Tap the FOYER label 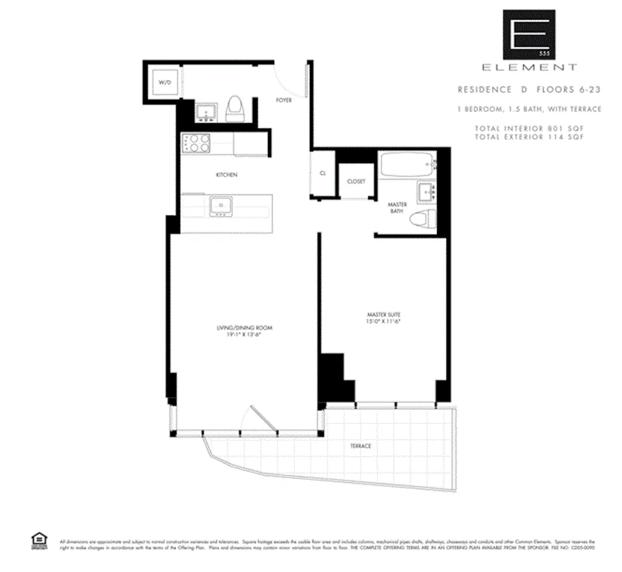coord(284,100)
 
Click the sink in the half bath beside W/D coord(205,111)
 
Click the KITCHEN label coord(226,175)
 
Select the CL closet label coord(323,173)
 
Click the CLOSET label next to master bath coord(356,182)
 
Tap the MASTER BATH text coord(397,208)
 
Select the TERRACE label coord(361,446)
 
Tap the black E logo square coord(529,34)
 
